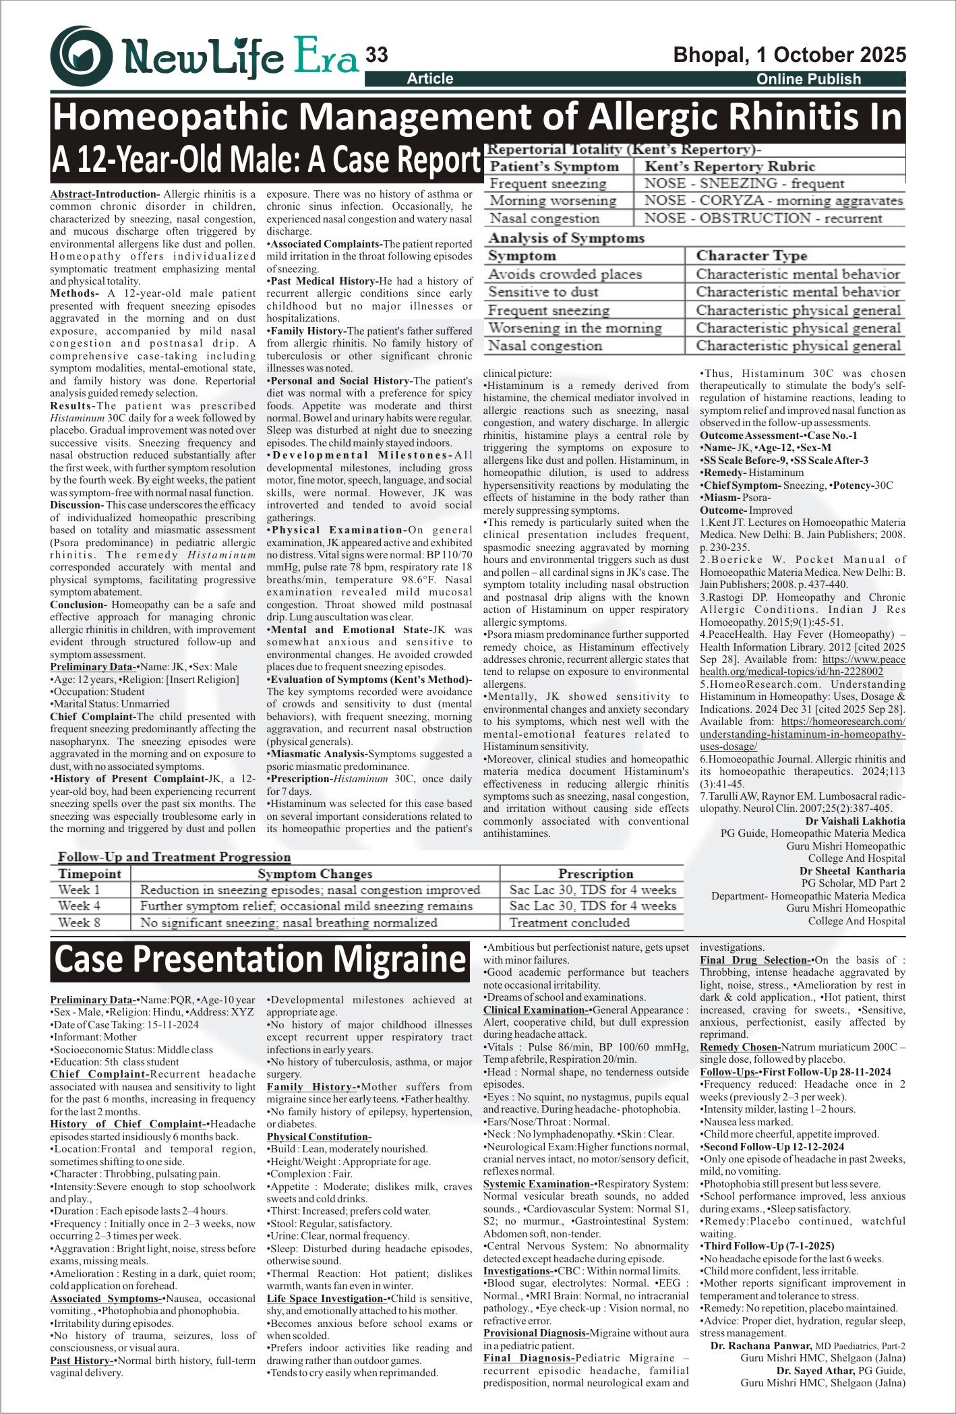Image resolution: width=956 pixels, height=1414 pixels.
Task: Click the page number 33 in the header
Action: point(376,55)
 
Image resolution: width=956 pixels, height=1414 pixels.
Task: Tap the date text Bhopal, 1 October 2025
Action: point(789,55)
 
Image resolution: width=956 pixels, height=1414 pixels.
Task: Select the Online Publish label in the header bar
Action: point(808,79)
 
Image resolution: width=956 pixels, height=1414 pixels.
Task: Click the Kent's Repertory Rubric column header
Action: point(729,167)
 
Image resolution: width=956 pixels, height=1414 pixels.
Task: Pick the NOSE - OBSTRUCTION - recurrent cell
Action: point(763,218)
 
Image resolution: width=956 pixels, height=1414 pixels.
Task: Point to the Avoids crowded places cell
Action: point(565,274)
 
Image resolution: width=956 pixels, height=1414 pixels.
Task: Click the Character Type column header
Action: point(751,256)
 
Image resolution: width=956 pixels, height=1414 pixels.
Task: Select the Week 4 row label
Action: point(79,906)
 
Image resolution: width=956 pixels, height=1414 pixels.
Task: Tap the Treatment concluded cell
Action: point(569,922)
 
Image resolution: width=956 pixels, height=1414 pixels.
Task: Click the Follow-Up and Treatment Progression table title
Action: point(174,857)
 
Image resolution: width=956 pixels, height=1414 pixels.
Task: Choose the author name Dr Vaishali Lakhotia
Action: point(855,821)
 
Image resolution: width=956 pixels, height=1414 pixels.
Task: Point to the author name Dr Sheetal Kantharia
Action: point(852,871)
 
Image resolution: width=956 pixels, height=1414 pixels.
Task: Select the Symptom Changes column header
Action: point(315,874)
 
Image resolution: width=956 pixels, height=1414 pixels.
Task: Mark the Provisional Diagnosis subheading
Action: point(536,1333)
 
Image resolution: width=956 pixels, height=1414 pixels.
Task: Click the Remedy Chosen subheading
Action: point(740,1047)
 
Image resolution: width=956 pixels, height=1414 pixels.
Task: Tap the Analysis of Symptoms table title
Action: point(566,238)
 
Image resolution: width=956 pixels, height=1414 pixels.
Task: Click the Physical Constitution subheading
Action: point(319,1137)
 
